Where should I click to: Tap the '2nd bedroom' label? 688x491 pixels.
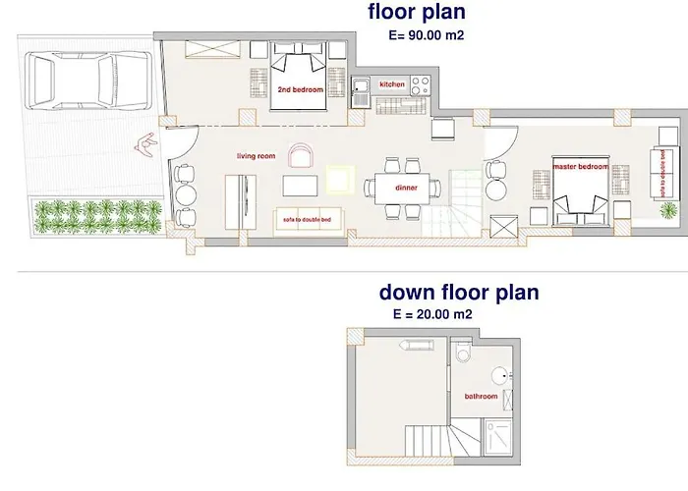point(298,89)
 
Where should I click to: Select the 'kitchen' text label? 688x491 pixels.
point(392,84)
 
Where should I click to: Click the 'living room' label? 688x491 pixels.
point(254,156)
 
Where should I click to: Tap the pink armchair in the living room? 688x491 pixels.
point(300,155)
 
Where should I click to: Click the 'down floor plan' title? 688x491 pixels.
point(459,292)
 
